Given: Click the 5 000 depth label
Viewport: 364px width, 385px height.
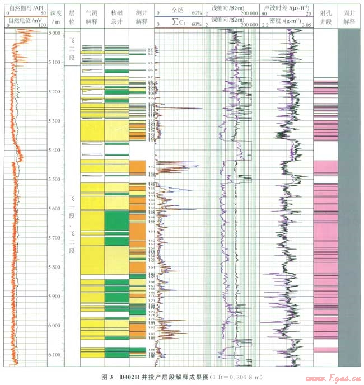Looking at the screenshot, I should coord(55,34).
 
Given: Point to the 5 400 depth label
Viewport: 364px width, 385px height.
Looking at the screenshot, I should coord(55,150).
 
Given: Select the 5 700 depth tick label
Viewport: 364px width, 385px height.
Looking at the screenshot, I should coord(55,238).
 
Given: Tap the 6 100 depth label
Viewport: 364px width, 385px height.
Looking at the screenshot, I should coord(55,355).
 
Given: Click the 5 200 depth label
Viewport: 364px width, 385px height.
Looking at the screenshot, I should coord(55,92).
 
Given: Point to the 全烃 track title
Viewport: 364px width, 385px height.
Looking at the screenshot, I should coord(178,10).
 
